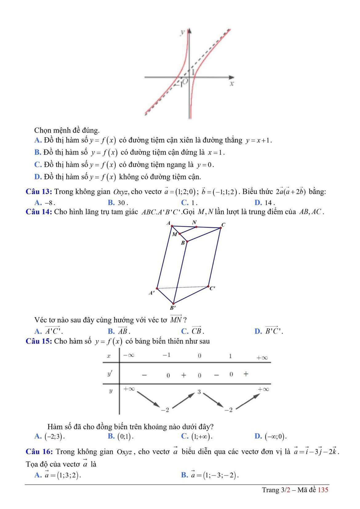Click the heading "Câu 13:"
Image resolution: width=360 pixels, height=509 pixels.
click(x=39, y=192)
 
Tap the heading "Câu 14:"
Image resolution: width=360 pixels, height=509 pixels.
click(x=39, y=212)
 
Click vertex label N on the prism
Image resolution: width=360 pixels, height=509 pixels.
click(x=194, y=222)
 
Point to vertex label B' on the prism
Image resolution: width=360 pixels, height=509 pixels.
click(x=173, y=307)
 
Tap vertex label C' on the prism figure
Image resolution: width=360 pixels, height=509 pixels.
click(x=212, y=288)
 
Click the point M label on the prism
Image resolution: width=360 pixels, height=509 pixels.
click(x=174, y=234)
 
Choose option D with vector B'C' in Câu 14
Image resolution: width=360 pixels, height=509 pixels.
click(x=274, y=331)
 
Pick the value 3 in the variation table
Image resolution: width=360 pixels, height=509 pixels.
click(x=199, y=392)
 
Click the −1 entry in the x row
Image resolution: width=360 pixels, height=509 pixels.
click(x=166, y=355)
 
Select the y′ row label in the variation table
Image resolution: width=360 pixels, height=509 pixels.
click(x=110, y=374)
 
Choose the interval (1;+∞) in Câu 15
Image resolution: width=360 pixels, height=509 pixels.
click(x=202, y=436)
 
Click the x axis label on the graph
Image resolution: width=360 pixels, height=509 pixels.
click(x=232, y=83)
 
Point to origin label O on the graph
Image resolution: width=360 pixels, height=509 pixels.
click(x=186, y=81)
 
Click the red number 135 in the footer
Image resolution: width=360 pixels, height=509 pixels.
click(x=323, y=490)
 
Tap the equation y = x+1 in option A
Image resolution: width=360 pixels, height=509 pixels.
click(x=258, y=141)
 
